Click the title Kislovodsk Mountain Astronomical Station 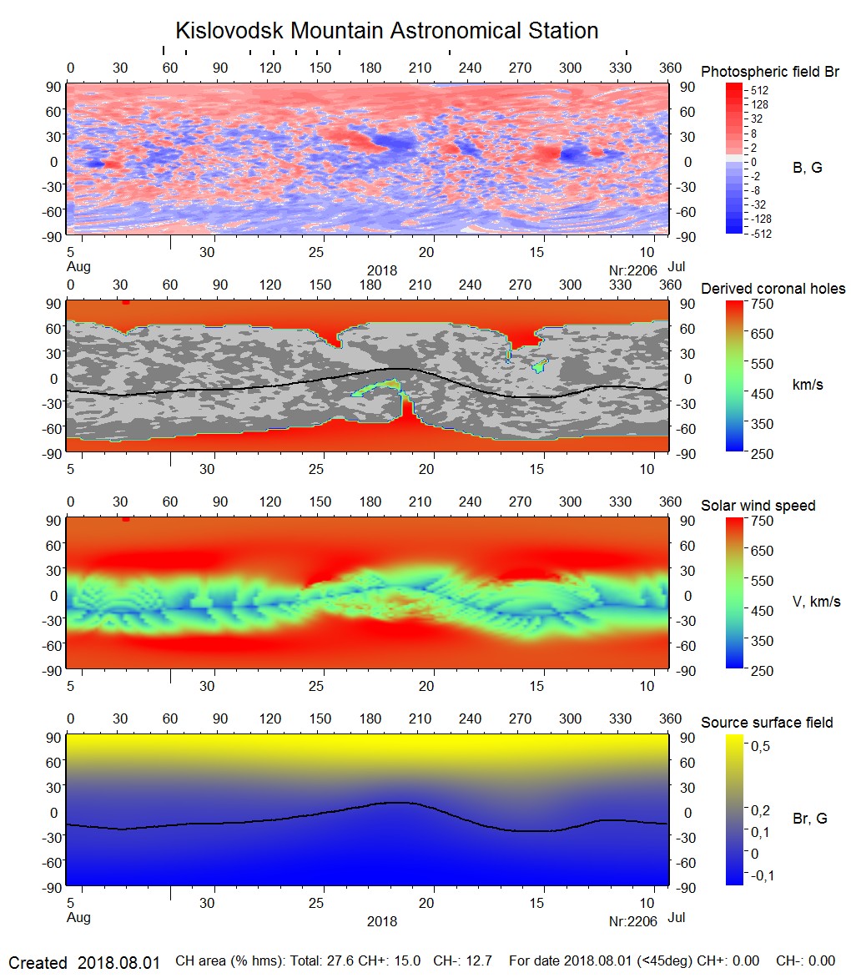(x=386, y=31)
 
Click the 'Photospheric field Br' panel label (x=769, y=72)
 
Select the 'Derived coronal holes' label (x=773, y=289)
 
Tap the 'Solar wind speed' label (x=758, y=506)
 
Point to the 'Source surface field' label (x=766, y=722)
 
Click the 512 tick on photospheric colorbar (x=759, y=90)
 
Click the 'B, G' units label (x=807, y=168)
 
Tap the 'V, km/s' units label (x=816, y=602)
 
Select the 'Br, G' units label (x=809, y=819)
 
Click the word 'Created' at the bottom (x=38, y=963)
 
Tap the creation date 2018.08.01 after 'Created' (x=118, y=963)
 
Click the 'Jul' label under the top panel (x=677, y=266)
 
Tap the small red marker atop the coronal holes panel (x=125, y=301)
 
